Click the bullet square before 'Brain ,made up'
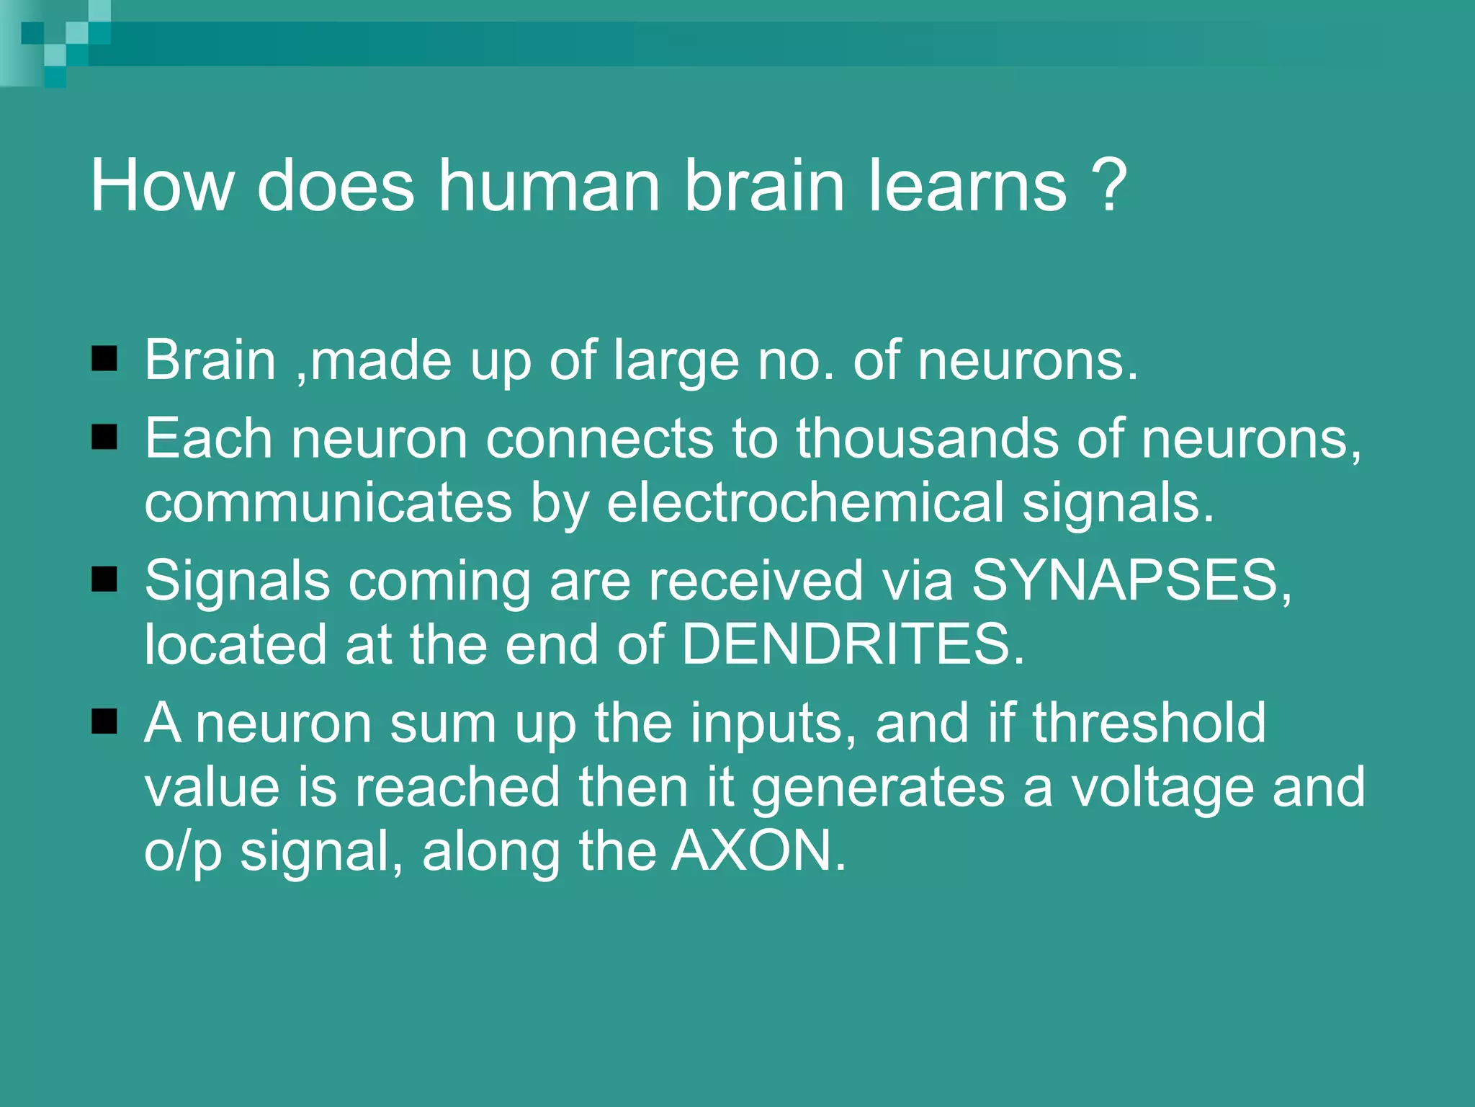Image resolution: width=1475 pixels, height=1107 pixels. click(105, 358)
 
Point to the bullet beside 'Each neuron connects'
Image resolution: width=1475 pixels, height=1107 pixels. click(105, 437)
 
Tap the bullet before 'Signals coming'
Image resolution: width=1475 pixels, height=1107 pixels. click(105, 579)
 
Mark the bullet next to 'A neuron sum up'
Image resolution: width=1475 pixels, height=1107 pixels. click(105, 721)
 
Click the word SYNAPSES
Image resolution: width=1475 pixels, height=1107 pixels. click(1124, 580)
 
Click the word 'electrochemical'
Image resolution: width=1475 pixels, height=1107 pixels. click(804, 502)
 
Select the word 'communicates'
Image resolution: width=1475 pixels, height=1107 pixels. click(328, 502)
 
